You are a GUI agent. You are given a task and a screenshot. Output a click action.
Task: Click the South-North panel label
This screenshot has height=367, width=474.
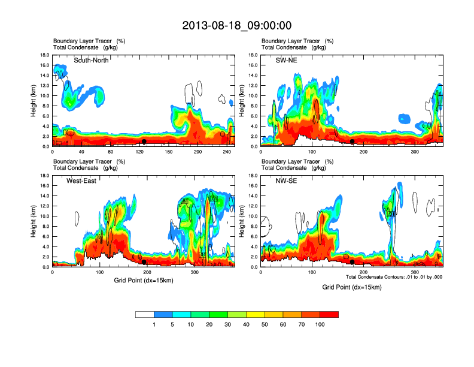point(91,60)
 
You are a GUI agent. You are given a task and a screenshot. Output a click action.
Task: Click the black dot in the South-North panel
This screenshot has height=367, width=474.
point(144,142)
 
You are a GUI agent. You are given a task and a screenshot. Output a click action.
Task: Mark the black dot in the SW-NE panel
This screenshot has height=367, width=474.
point(353,142)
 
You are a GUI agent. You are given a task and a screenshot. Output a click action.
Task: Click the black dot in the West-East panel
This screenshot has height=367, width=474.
point(144,262)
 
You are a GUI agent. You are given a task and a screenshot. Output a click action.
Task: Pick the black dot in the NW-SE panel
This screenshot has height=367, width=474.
point(353,262)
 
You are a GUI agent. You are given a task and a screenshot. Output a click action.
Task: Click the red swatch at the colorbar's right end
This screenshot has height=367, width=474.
point(330,314)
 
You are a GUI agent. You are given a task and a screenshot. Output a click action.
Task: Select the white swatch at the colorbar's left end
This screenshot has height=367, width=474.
point(145,314)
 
